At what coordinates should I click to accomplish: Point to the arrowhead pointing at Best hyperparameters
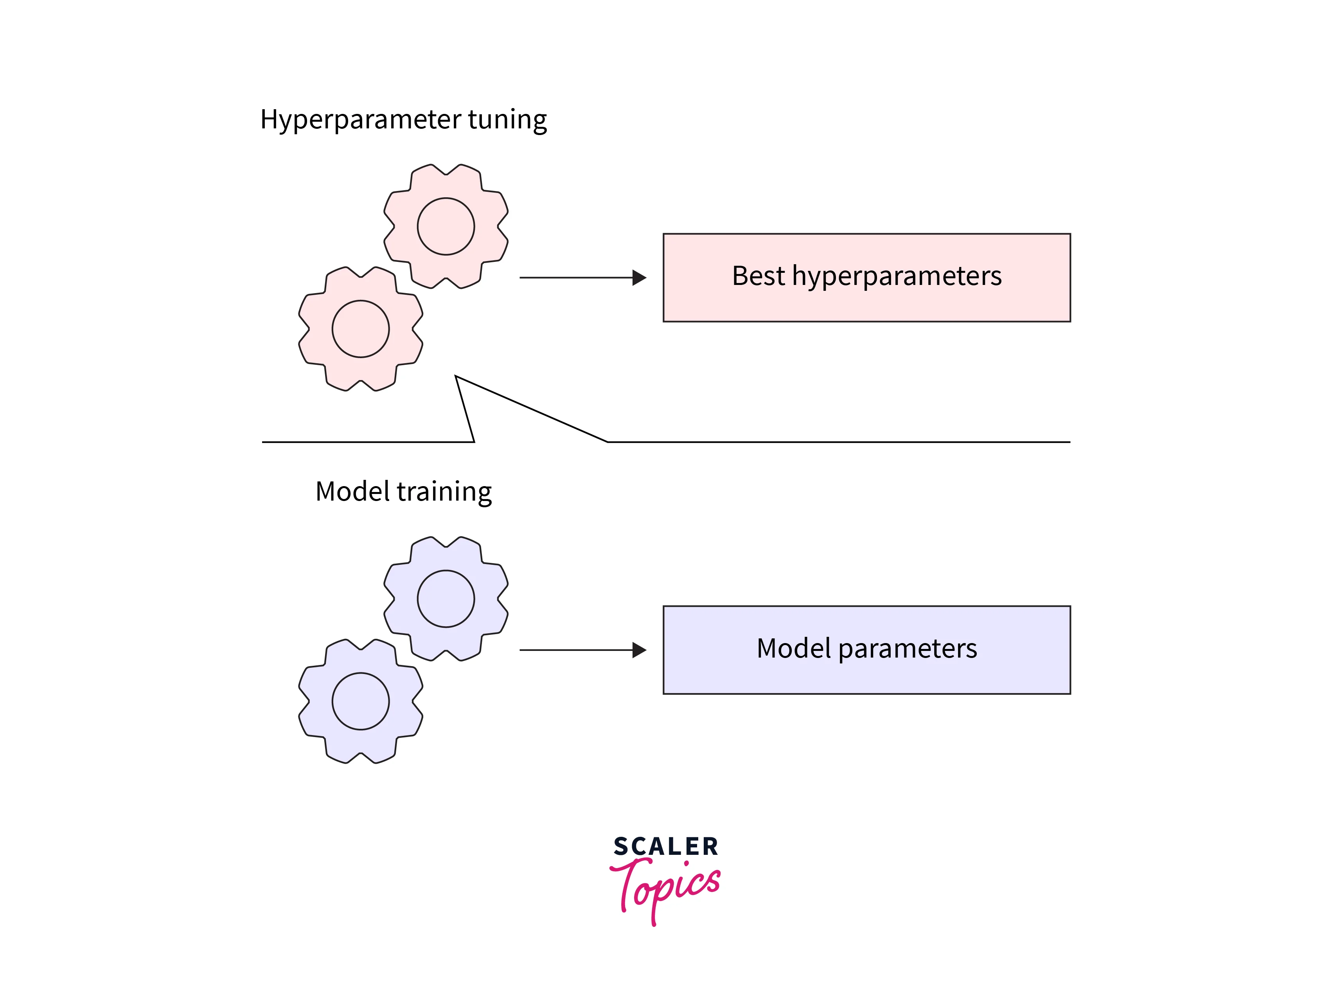(639, 278)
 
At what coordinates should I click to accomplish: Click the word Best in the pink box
(758, 276)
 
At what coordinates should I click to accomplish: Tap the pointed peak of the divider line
(457, 378)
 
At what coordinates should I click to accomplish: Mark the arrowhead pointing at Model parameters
(639, 650)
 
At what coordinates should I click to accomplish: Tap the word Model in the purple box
(794, 648)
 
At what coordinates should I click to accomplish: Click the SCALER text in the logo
(666, 847)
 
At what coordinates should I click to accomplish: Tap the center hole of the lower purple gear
(361, 701)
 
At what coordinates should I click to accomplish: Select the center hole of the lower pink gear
(361, 329)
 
